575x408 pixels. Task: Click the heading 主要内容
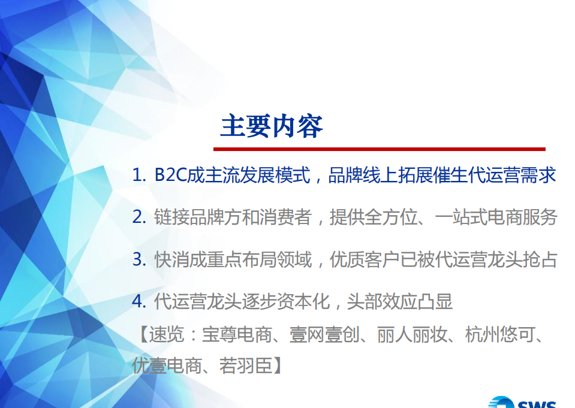(272, 126)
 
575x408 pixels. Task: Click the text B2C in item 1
(170, 176)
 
